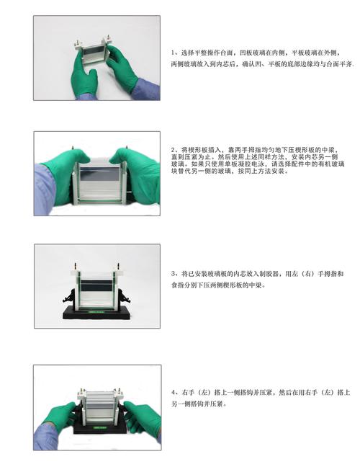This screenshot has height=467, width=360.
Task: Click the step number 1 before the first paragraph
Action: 174,53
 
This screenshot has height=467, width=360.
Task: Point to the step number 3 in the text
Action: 174,274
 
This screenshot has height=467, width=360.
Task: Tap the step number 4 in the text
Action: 174,393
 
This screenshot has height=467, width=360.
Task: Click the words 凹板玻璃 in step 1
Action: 241,53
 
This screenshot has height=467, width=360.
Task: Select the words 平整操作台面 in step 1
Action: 206,53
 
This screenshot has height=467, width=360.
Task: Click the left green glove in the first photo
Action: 84,78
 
